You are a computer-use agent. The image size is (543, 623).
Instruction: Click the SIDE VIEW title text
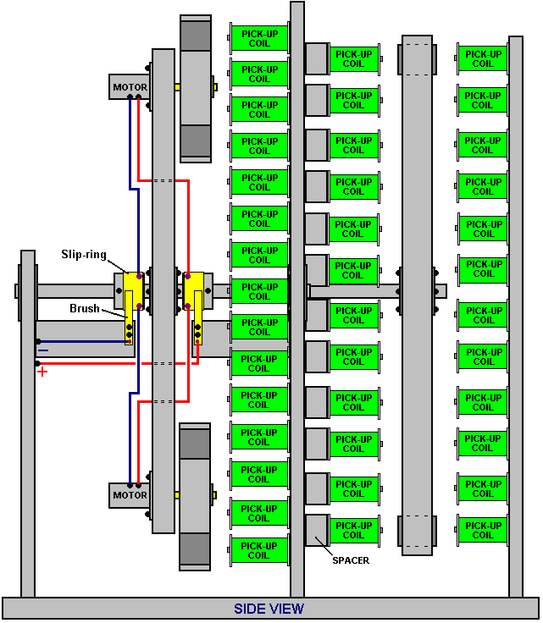(269, 609)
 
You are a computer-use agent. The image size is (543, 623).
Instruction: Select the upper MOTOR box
(130, 86)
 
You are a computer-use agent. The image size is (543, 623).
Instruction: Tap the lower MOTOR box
(130, 495)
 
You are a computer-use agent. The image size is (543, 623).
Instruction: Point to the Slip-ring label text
(84, 254)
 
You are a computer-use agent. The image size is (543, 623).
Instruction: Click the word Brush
(84, 308)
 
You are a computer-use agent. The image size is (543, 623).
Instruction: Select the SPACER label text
(351, 560)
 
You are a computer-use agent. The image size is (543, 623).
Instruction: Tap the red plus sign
(42, 372)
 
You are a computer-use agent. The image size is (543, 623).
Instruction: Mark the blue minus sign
(43, 350)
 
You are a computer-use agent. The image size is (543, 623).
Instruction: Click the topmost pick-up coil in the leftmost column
(259, 38)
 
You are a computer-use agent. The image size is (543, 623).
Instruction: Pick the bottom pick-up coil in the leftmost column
(258, 550)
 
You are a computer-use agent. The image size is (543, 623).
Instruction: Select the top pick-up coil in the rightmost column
(483, 58)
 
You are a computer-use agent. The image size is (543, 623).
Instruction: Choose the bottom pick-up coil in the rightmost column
(483, 530)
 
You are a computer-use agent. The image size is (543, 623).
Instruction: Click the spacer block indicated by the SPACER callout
(317, 530)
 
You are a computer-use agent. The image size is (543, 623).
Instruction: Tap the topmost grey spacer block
(317, 58)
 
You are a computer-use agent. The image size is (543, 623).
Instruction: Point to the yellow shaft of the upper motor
(177, 86)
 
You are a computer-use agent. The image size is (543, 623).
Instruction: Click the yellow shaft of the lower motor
(177, 495)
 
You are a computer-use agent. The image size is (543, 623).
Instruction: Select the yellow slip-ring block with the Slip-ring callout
(133, 291)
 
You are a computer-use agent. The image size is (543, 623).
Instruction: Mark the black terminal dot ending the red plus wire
(37, 363)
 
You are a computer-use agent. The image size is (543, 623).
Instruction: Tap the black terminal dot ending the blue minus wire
(38, 342)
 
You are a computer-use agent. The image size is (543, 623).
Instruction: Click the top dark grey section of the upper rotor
(196, 36)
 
